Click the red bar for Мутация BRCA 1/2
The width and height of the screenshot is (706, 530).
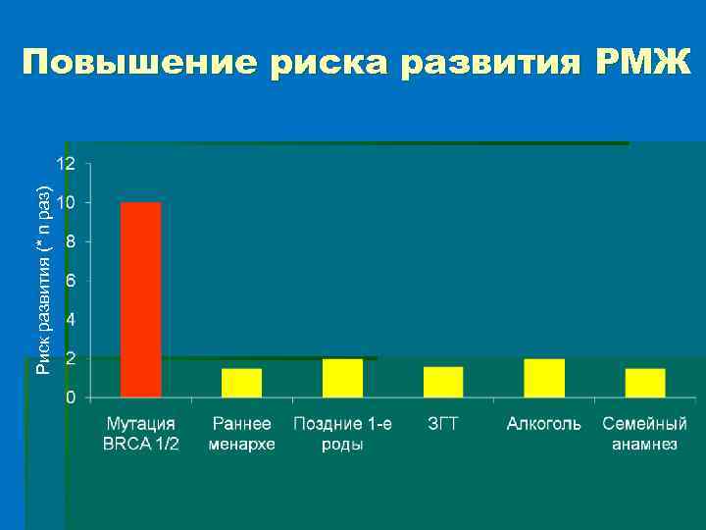pyautogui.click(x=140, y=299)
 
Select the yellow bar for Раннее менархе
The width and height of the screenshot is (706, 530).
pyautogui.click(x=241, y=383)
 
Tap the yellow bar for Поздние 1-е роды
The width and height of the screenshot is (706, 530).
pyautogui.click(x=342, y=378)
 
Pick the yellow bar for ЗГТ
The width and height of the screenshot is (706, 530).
pyautogui.click(x=443, y=382)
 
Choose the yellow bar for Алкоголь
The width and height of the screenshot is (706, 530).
pyautogui.click(x=544, y=378)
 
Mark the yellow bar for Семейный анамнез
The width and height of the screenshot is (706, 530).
pyautogui.click(x=645, y=383)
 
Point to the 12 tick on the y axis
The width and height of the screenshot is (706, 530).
pyautogui.click(x=65, y=164)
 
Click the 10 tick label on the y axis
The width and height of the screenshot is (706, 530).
pyautogui.click(x=65, y=202)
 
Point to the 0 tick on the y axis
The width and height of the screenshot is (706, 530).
pyautogui.click(x=70, y=397)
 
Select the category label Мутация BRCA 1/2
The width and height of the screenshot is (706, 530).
pyautogui.click(x=141, y=434)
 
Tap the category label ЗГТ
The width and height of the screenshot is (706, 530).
pyautogui.click(x=443, y=424)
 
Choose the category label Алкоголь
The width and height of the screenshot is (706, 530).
pyautogui.click(x=544, y=424)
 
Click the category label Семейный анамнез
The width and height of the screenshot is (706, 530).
pyautogui.click(x=645, y=434)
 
